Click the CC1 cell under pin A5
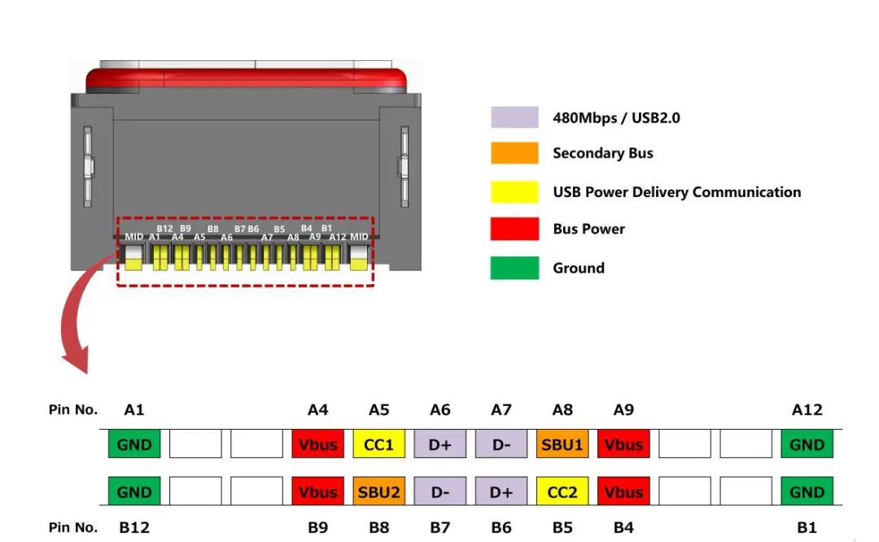(x=378, y=445)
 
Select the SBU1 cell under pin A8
(x=562, y=445)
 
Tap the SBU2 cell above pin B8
(x=378, y=492)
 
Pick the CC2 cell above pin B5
(x=562, y=492)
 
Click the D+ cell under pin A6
(x=440, y=445)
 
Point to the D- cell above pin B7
(x=440, y=492)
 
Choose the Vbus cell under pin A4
(x=317, y=445)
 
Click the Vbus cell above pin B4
(x=623, y=492)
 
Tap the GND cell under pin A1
(x=134, y=445)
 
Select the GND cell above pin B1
(x=807, y=492)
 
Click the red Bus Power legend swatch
(x=514, y=229)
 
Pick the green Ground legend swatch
(x=514, y=268)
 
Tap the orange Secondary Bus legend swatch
(x=514, y=153)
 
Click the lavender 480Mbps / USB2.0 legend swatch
(x=514, y=117)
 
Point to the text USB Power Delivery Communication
(x=676, y=192)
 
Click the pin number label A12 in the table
(x=807, y=410)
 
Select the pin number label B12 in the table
(x=134, y=527)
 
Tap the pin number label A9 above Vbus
(x=623, y=410)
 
